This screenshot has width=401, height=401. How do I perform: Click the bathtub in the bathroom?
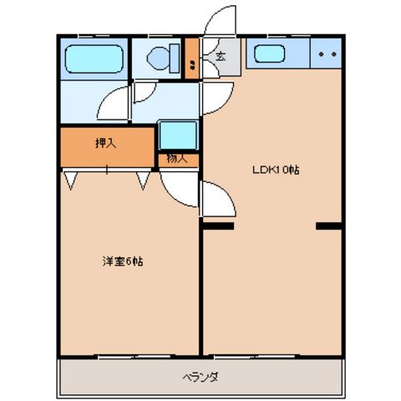click(94, 59)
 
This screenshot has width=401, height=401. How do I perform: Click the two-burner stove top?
click(326, 56)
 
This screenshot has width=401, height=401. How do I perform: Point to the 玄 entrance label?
click(221, 57)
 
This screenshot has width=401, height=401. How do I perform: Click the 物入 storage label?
click(177, 159)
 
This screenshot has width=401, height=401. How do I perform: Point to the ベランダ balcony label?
click(200, 377)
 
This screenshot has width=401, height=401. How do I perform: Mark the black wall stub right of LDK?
click(329, 226)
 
